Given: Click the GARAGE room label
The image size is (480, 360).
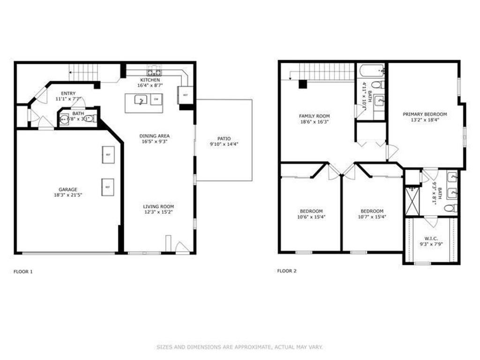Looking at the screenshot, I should coord(68,190).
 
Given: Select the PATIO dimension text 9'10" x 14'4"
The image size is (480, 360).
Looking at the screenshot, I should coord(224,144).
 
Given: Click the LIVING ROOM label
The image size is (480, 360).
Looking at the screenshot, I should coord(158,206).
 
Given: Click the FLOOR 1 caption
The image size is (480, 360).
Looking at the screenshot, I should coord(23,271).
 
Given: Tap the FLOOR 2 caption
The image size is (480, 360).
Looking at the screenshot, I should coord(287,270).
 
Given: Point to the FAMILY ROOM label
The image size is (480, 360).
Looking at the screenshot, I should coord(315,116).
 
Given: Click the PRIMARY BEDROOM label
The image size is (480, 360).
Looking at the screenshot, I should coord(425,114).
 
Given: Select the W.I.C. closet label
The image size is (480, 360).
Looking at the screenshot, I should coord(431,238).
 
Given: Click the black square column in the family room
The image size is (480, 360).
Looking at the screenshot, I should coord(303,84).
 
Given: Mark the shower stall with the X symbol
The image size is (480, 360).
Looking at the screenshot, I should coord(412,201).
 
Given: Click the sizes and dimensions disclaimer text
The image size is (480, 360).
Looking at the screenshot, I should coord(240,347).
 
